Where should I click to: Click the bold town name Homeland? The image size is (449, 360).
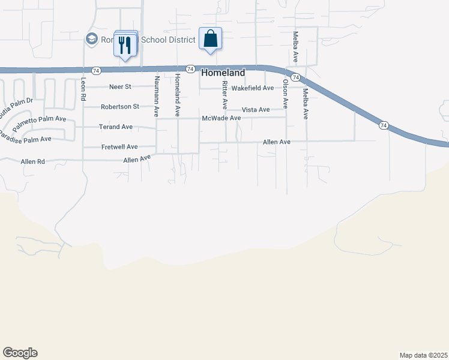point(223,73)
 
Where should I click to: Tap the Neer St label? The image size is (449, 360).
point(120,87)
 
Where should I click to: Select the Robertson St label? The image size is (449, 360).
point(119,107)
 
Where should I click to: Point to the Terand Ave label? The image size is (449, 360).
point(116,127)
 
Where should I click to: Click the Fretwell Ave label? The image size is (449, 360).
point(119,147)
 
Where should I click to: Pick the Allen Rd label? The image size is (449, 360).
point(33,162)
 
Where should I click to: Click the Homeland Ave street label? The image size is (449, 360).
point(177,95)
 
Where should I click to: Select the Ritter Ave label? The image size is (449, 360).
point(224,95)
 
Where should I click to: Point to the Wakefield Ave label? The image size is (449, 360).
point(253,88)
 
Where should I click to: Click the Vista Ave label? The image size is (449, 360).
point(256,110)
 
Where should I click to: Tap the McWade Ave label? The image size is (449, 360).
point(221,118)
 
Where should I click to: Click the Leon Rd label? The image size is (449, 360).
point(83,89)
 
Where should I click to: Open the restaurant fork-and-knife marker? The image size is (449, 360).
point(125,44)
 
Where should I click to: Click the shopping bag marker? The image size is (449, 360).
point(210,39)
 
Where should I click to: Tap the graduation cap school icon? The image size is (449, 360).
point(92,39)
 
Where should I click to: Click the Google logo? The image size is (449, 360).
point(20,353)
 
